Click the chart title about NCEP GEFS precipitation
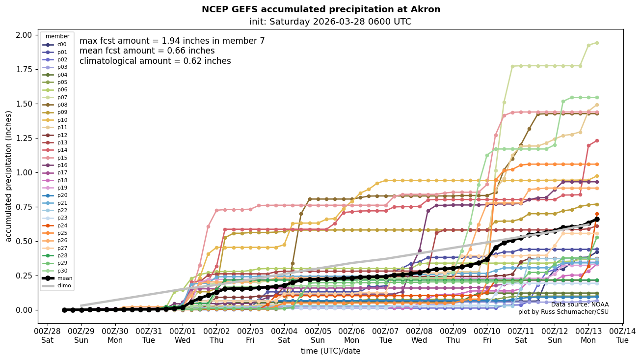[x=321, y=9]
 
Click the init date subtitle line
[x=330, y=22]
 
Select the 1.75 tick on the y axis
[x=25, y=69]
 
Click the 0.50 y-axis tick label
[x=25, y=241]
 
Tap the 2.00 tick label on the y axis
[x=25, y=35]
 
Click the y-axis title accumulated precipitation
[x=8, y=176]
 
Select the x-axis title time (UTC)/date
[x=330, y=351]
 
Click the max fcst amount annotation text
[x=172, y=41]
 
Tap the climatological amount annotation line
[x=155, y=61]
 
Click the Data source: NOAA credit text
[x=579, y=305]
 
